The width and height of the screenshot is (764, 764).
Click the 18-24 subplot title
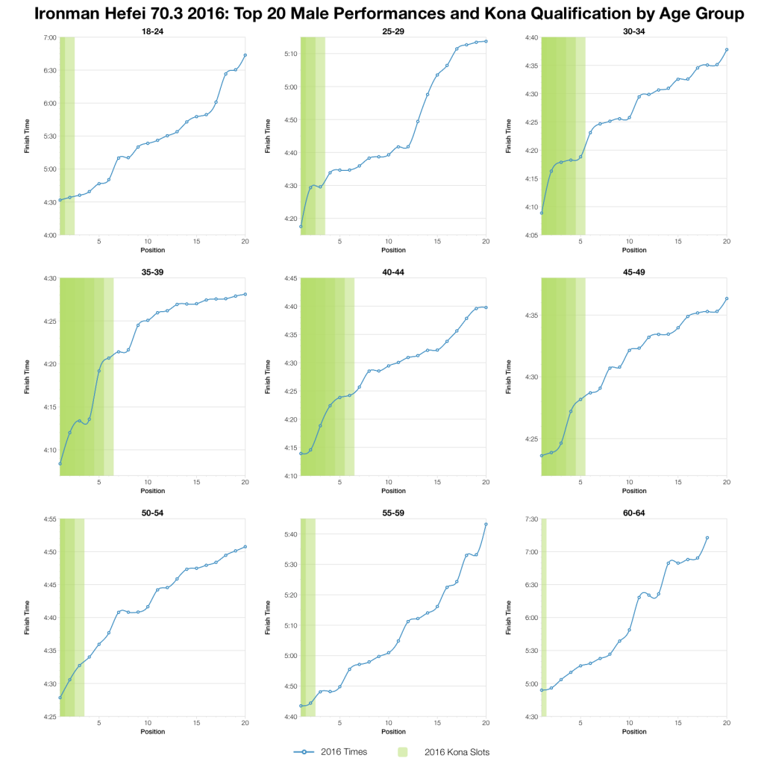152,31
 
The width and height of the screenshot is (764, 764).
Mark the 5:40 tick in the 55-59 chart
289,534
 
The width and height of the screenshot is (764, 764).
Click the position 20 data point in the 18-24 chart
245,55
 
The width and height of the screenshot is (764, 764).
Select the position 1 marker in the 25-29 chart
301,226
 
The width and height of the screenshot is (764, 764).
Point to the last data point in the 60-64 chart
707,537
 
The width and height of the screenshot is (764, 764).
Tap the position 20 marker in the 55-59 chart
486,524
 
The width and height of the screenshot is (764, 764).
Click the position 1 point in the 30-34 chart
542,213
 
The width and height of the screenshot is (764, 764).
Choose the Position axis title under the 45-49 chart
633,491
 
